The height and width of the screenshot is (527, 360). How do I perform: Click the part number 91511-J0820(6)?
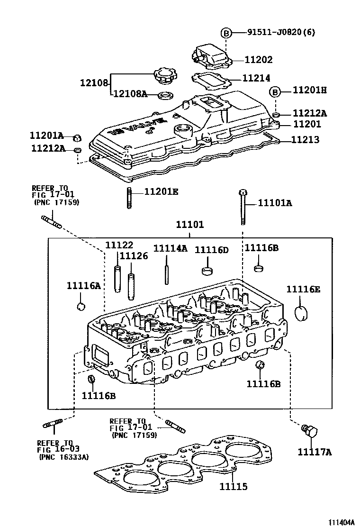[281, 32]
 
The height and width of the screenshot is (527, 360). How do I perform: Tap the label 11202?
[259, 60]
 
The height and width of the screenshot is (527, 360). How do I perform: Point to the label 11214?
[256, 78]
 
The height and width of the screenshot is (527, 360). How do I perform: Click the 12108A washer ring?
[165, 96]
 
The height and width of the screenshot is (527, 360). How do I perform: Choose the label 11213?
[305, 140]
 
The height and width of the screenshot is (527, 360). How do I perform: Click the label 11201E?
[162, 191]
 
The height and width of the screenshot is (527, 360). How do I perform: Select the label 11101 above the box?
[190, 224]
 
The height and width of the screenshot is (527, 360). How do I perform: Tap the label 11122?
[119, 245]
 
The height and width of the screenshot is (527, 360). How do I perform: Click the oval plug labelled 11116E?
[301, 314]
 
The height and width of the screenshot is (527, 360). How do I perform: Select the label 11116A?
[84, 285]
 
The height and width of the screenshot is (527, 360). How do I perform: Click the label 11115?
[234, 487]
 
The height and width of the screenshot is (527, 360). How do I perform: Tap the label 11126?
[134, 256]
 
